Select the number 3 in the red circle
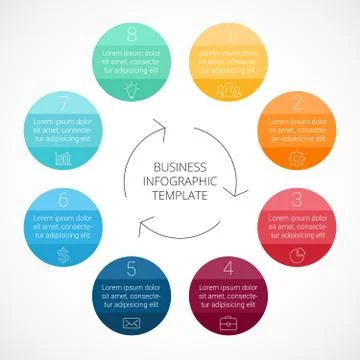[x=297, y=198]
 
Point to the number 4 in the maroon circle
[x=230, y=267]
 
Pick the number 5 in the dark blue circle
[x=131, y=268]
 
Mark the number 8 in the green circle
[x=133, y=35]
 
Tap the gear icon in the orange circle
[x=297, y=157]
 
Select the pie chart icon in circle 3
[x=297, y=253]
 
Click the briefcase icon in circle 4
[x=229, y=321]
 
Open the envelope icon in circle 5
[x=131, y=322]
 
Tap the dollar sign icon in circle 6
[x=63, y=254]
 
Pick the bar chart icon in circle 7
[x=63, y=158]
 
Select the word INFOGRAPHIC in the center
[x=180, y=181]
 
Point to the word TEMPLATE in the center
[x=180, y=196]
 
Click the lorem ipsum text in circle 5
[x=131, y=295]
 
